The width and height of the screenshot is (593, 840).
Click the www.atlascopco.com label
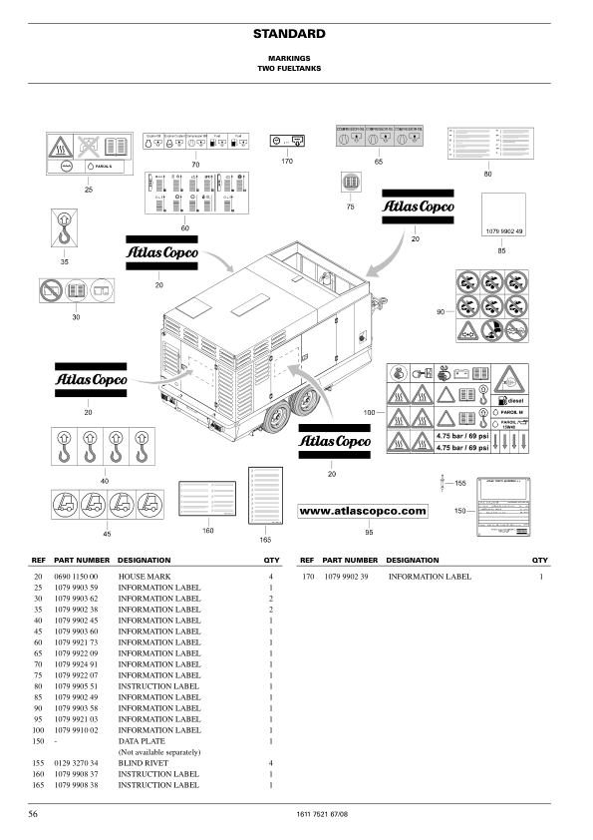click(363, 511)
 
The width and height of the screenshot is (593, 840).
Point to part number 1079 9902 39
click(347, 577)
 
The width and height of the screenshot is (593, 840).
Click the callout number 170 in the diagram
click(288, 160)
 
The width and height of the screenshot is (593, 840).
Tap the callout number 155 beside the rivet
click(460, 483)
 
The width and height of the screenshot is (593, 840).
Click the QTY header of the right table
click(540, 561)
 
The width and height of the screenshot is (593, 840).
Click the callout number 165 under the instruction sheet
click(265, 540)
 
